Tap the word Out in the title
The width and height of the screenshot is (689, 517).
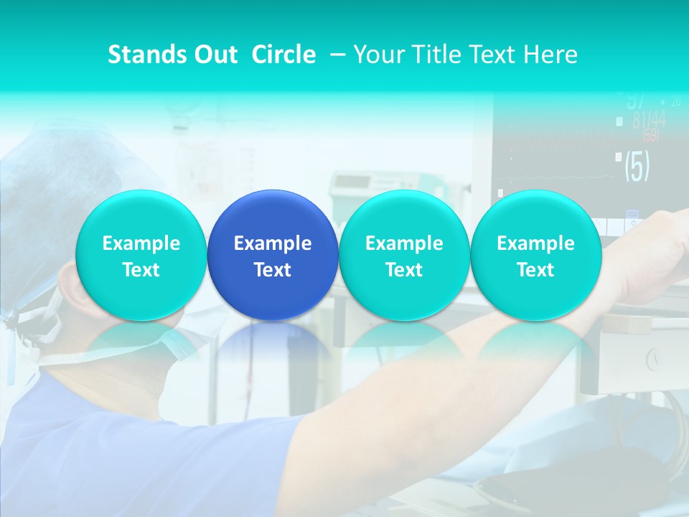[x=215, y=55]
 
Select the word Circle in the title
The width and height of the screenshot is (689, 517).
[x=283, y=55]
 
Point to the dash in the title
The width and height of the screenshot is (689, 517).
[x=334, y=55]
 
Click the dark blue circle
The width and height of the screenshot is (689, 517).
[x=273, y=255]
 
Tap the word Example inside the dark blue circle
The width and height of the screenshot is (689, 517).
[x=273, y=243]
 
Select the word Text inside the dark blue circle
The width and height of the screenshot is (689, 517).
[x=273, y=270]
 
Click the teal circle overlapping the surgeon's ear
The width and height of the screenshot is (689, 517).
[x=141, y=255]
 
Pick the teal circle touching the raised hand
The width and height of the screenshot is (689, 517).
[x=535, y=255]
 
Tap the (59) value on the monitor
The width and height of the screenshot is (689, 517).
[x=650, y=136]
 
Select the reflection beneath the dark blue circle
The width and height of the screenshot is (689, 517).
[x=273, y=345]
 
